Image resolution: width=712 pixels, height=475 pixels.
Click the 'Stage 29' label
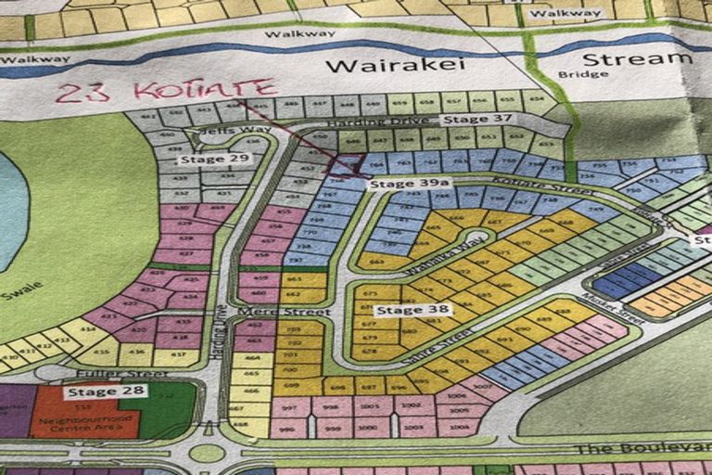202,160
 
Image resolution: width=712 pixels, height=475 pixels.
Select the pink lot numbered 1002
413,406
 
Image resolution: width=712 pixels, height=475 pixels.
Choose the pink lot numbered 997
290,406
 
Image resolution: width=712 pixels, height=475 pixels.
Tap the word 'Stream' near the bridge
649,60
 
